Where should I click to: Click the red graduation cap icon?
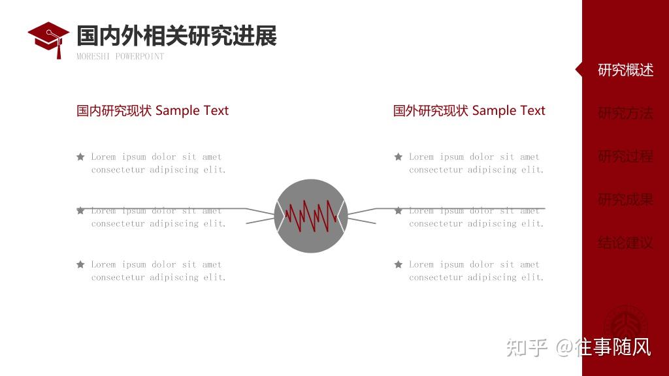(48, 38)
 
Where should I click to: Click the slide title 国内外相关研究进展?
(176, 36)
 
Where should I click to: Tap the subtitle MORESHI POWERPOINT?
(120, 56)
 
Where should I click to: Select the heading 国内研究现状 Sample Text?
(153, 110)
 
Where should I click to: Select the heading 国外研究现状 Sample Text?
(469, 110)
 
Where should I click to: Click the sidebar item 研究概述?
(625, 70)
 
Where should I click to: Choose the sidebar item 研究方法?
(625, 113)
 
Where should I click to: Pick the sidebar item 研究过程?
(625, 156)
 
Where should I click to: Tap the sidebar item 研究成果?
(625, 199)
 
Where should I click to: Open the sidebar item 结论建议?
(625, 243)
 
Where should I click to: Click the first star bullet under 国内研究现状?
(80, 157)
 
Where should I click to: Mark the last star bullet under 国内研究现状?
(80, 264)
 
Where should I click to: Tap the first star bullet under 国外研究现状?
(399, 157)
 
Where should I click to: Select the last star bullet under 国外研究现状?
(399, 264)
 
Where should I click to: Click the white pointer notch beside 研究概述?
(579, 70)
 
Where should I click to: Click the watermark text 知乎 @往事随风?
(579, 347)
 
